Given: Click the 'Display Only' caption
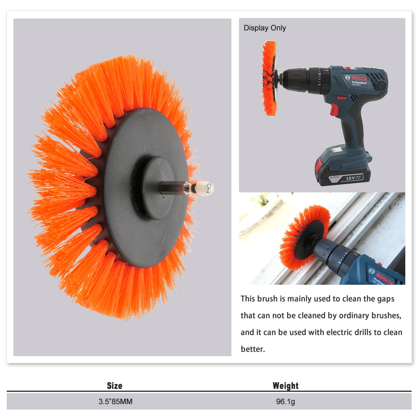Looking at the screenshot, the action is point(265,28).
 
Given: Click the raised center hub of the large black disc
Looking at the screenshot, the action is point(158,188).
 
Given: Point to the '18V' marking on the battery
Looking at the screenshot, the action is point(350,178).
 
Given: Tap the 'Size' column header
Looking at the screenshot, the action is point(115,386).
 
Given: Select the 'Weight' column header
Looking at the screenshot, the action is point(286,386).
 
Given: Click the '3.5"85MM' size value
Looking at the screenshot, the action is point(115,402).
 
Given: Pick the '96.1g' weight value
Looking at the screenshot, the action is point(286,402).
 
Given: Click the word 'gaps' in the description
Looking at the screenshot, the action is point(386,299).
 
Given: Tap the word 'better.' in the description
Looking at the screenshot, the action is point(253,349).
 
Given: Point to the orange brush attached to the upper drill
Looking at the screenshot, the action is point(269,78).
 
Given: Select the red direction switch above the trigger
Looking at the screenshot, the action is point(341,98).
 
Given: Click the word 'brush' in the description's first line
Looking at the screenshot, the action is point(268,299).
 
